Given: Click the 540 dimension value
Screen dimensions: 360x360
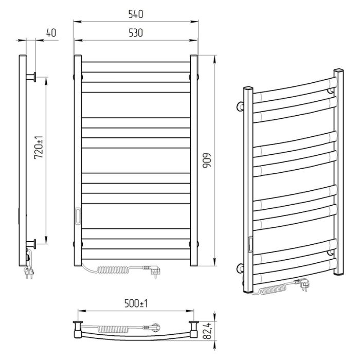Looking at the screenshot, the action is coord(136,14).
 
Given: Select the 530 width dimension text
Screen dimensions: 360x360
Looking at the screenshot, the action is coord(136,33).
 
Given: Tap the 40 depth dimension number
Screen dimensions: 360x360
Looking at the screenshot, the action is coord(51,33).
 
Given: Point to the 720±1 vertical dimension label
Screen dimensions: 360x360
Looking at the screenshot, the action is coord(39,148).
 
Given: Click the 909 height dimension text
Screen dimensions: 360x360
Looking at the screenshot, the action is coord(207,160).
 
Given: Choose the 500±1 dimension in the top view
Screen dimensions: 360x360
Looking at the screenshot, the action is coord(136,303).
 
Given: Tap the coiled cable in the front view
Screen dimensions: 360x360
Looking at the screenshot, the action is coord(113,269).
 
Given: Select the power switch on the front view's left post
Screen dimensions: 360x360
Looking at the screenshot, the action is coord(78,216).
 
